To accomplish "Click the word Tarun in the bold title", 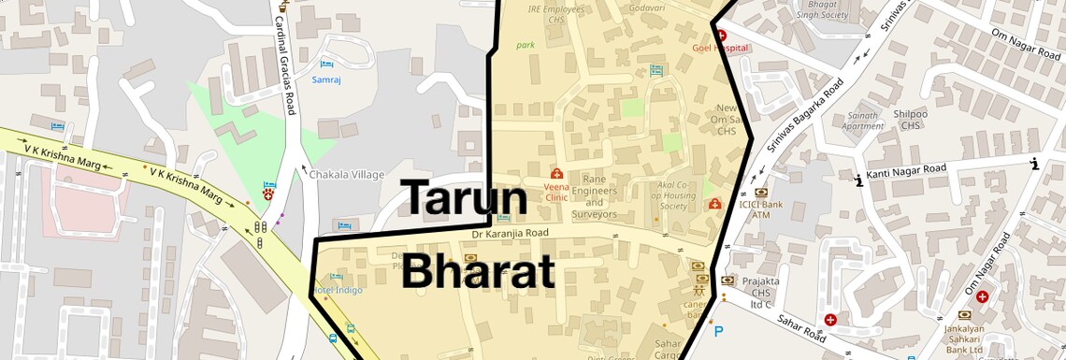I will (x=465, y=197).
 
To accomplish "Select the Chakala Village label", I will (x=347, y=174).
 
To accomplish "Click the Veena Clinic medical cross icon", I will (x=556, y=173).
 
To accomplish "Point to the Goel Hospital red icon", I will (x=721, y=35).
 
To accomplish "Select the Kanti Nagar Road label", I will (x=905, y=171).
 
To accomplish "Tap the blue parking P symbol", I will (x=718, y=331).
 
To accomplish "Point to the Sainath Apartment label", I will (x=862, y=122).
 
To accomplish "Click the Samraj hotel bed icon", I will (x=325, y=65).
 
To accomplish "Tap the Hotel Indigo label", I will (x=337, y=290).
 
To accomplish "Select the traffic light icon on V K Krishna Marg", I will (x=261, y=227).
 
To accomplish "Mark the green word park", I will (x=526, y=45).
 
